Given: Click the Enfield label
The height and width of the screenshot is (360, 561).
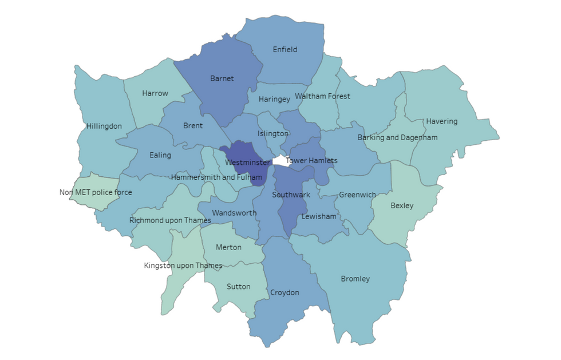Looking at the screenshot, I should [285, 49].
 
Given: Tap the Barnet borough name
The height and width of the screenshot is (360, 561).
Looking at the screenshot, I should [222, 78].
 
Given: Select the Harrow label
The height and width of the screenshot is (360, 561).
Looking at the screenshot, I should [155, 93].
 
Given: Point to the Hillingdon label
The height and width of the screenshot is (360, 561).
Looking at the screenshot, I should [104, 126].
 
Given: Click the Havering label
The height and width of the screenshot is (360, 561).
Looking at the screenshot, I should [441, 121].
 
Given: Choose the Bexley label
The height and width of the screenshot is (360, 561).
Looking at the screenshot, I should [401, 205].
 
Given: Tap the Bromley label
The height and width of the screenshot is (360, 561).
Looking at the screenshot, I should [355, 279].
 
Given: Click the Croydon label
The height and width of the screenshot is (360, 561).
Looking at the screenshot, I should [285, 292].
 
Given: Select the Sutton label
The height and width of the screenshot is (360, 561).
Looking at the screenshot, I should [238, 286].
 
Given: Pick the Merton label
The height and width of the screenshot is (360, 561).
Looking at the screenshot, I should [228, 247].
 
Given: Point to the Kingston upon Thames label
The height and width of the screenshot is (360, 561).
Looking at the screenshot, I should [183, 266].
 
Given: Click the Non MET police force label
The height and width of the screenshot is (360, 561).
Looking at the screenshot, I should [96, 192].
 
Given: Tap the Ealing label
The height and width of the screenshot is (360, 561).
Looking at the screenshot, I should [160, 155].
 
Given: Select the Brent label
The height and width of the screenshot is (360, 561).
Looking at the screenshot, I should [193, 125].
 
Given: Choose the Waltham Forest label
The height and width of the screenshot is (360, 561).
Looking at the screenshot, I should [322, 96].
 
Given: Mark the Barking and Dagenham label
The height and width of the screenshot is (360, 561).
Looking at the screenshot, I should [397, 137].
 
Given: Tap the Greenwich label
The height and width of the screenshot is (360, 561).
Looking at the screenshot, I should [357, 195].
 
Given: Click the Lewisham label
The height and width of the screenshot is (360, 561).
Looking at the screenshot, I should [319, 216].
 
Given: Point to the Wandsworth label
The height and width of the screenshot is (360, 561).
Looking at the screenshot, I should [234, 213].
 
